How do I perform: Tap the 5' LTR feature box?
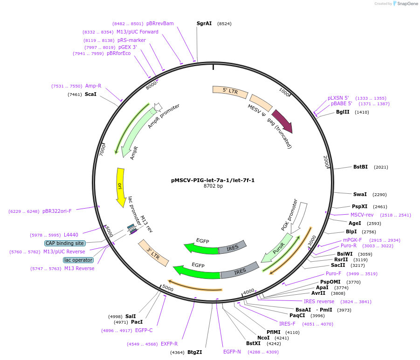pos(230,92)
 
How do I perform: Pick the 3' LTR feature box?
pos(153,253)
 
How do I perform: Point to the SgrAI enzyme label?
pos(204,24)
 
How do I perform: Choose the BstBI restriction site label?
pos(360,167)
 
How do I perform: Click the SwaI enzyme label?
pos(360,194)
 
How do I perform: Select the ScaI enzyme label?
pos(90,94)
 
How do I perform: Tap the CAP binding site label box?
pos(65,243)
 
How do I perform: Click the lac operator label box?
pos(78,260)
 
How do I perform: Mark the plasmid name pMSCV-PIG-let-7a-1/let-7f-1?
pos(213,180)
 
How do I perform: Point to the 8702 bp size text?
pos(213,186)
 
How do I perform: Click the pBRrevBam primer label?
pos(160,24)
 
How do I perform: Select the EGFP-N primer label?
pos(232,352)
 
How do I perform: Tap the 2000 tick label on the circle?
pos(326,162)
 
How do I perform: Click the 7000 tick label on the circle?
pos(103,149)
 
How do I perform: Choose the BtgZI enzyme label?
pos(195,352)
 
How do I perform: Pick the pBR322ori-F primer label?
pos(57,211)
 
